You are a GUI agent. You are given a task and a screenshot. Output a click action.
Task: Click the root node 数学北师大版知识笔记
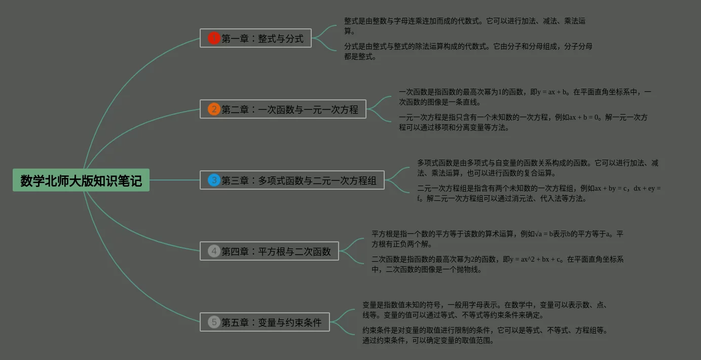click(81, 180)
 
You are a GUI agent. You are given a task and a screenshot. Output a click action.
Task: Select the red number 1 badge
click(214, 38)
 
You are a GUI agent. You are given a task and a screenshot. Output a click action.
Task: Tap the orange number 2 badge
click(214, 109)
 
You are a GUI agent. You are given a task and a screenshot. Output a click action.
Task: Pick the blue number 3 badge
click(214, 180)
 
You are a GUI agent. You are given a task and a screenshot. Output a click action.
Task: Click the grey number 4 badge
click(214, 251)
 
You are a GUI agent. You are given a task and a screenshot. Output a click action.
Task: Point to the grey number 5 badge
click(214, 322)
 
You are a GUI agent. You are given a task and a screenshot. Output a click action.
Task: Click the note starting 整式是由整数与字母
click(465, 26)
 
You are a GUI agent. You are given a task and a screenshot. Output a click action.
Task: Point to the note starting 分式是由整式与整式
click(468, 51)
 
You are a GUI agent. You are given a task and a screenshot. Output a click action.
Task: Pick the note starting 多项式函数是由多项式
click(537, 168)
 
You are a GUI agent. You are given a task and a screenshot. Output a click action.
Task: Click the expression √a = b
click(538, 234)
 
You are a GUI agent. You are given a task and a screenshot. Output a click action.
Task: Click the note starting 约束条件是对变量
click(485, 335)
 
